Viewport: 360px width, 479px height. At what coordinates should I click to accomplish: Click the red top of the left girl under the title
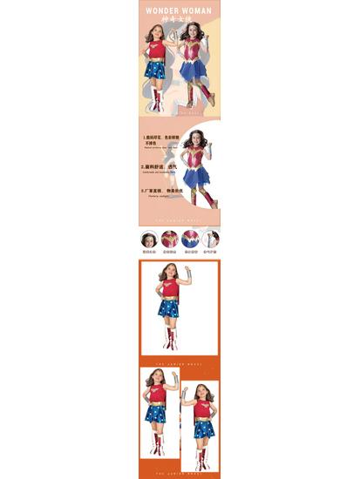point(157,49)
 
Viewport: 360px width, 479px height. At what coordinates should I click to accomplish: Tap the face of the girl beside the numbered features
point(199,138)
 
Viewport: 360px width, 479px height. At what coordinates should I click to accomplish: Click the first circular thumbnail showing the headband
point(149,239)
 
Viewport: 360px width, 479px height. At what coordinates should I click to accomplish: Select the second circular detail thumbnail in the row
point(170,239)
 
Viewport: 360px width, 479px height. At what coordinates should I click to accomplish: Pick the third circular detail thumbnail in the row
point(191,239)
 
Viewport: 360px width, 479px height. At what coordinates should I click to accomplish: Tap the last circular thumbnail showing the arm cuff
point(211,239)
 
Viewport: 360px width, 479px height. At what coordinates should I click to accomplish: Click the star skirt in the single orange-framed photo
point(168,308)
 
